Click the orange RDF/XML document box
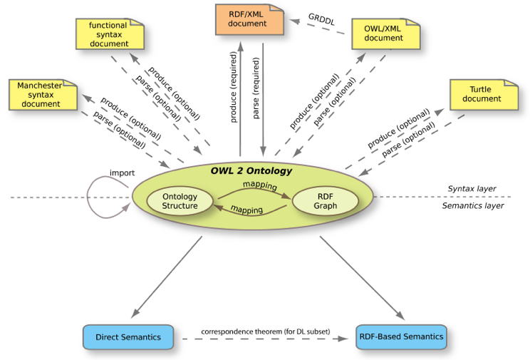tap(249, 19)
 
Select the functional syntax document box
tap(110, 34)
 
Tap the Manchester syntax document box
tap(43, 95)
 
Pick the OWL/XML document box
tap(385, 34)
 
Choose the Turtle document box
tap(484, 95)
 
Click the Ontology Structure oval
tap(180, 201)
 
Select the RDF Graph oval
tap(325, 201)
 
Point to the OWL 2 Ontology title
tap(251, 170)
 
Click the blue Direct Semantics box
tap(128, 337)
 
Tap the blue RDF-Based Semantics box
tap(401, 336)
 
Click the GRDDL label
tap(321, 19)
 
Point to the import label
tap(122, 173)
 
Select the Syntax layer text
tap(472, 188)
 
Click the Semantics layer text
tap(473, 205)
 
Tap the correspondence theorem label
tap(265, 331)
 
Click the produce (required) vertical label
tap(233, 87)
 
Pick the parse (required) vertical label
tap(256, 88)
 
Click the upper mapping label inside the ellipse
tap(260, 185)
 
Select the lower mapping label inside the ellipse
tap(246, 210)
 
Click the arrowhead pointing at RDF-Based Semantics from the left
tap(343, 339)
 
